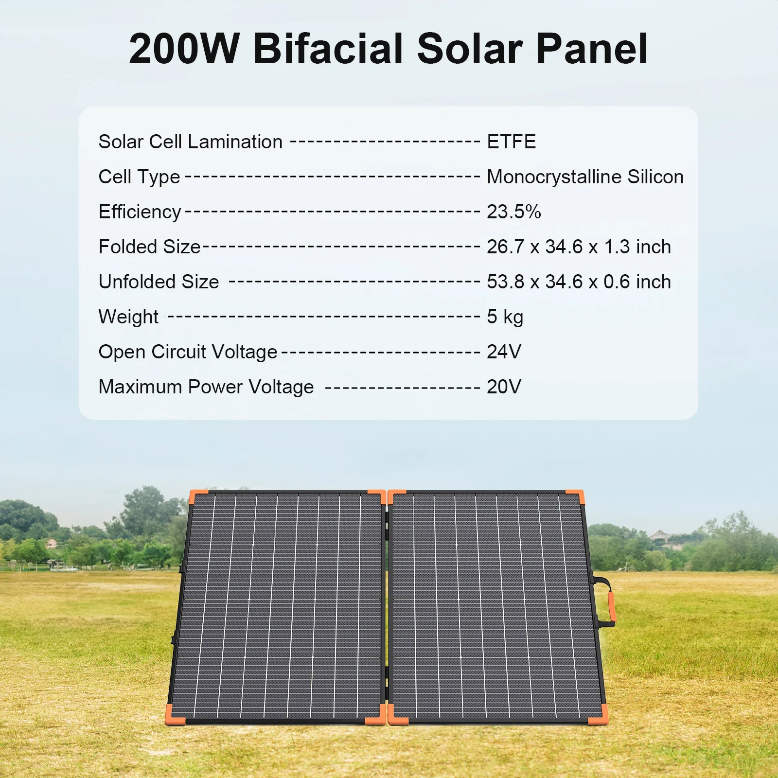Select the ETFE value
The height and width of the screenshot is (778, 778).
point(511,142)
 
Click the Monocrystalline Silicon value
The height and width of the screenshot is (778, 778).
point(585,177)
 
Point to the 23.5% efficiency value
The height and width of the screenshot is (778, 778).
point(514,212)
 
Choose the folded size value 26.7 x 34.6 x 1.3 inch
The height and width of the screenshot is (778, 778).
point(579,247)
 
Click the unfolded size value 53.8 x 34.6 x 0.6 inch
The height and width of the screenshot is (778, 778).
point(579,282)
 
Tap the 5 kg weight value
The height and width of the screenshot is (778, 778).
point(505,317)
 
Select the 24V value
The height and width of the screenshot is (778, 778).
point(504,352)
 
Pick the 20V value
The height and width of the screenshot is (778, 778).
point(504,387)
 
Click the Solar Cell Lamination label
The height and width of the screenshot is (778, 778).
point(190,142)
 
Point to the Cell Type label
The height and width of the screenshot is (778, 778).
point(139,177)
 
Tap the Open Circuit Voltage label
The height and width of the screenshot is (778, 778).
point(188,353)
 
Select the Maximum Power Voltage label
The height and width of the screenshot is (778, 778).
point(206,388)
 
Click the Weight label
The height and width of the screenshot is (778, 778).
point(128,318)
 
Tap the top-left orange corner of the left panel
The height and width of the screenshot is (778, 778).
point(197,497)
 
